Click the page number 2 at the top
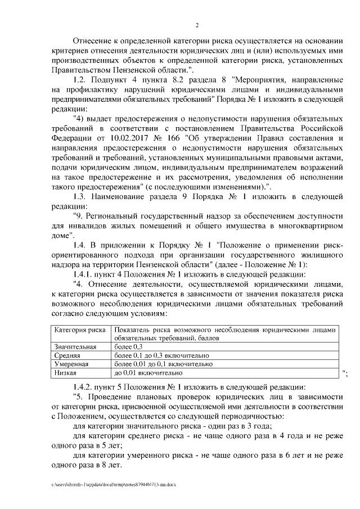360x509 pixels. pos(197,25)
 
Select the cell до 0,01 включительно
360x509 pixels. pos(148,372)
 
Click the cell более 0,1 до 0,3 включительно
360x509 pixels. pos(160,355)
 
